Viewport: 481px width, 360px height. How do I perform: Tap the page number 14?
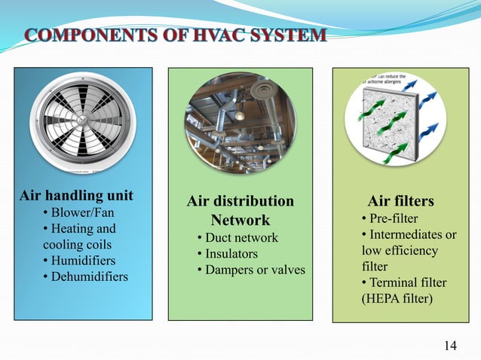pyautogui.click(x=450, y=346)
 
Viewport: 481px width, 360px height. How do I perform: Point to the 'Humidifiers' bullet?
pyautogui.click(x=82, y=261)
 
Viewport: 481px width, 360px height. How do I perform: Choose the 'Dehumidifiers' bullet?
pyautogui.click(x=88, y=276)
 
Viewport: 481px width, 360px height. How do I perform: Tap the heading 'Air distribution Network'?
pyautogui.click(x=240, y=211)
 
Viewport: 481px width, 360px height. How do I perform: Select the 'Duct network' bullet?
pyautogui.click(x=237, y=238)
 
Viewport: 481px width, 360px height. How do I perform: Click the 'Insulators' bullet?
pyautogui.click(x=226, y=254)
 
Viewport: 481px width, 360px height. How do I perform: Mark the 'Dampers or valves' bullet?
pyautogui.click(x=250, y=270)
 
